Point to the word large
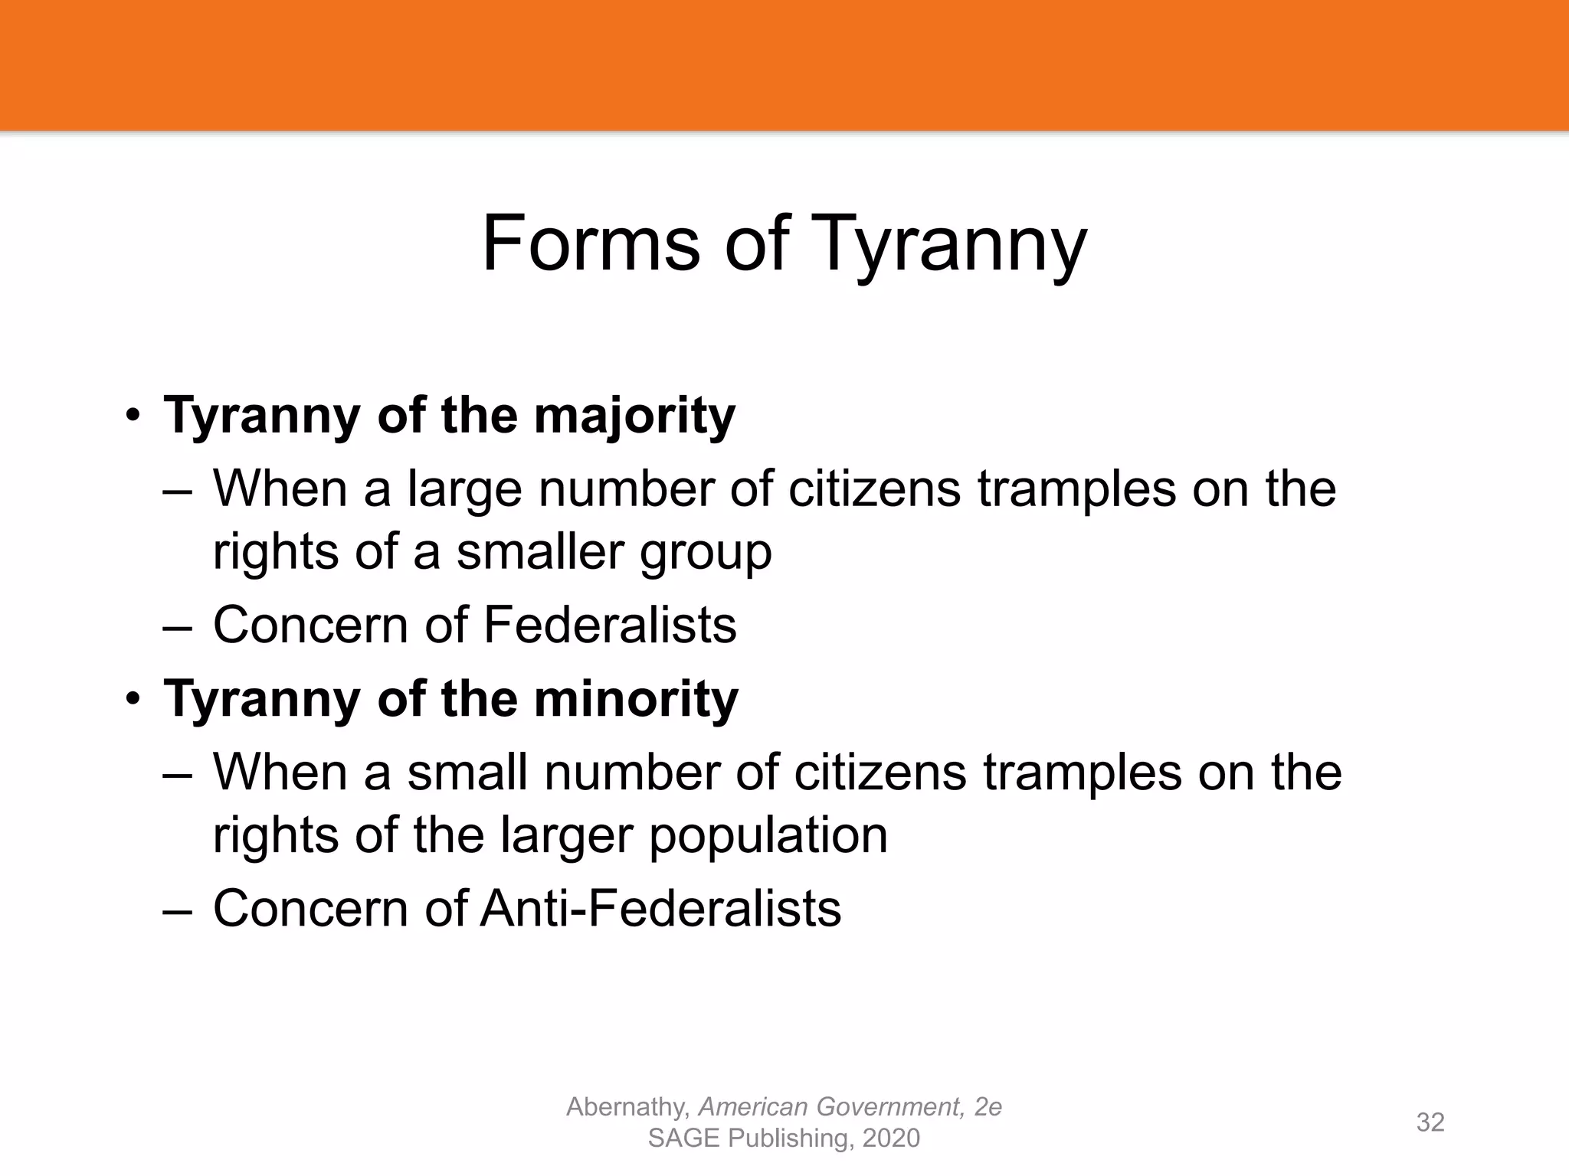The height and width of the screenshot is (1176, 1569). click(x=464, y=491)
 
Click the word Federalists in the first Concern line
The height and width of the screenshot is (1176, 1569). click(x=610, y=625)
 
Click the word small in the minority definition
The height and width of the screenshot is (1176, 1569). click(x=467, y=773)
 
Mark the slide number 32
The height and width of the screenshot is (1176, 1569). click(x=1430, y=1122)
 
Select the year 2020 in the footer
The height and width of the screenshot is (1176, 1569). click(x=890, y=1138)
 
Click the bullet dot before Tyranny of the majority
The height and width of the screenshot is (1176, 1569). click(x=133, y=417)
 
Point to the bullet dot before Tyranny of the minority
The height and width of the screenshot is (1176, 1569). click(x=133, y=700)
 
